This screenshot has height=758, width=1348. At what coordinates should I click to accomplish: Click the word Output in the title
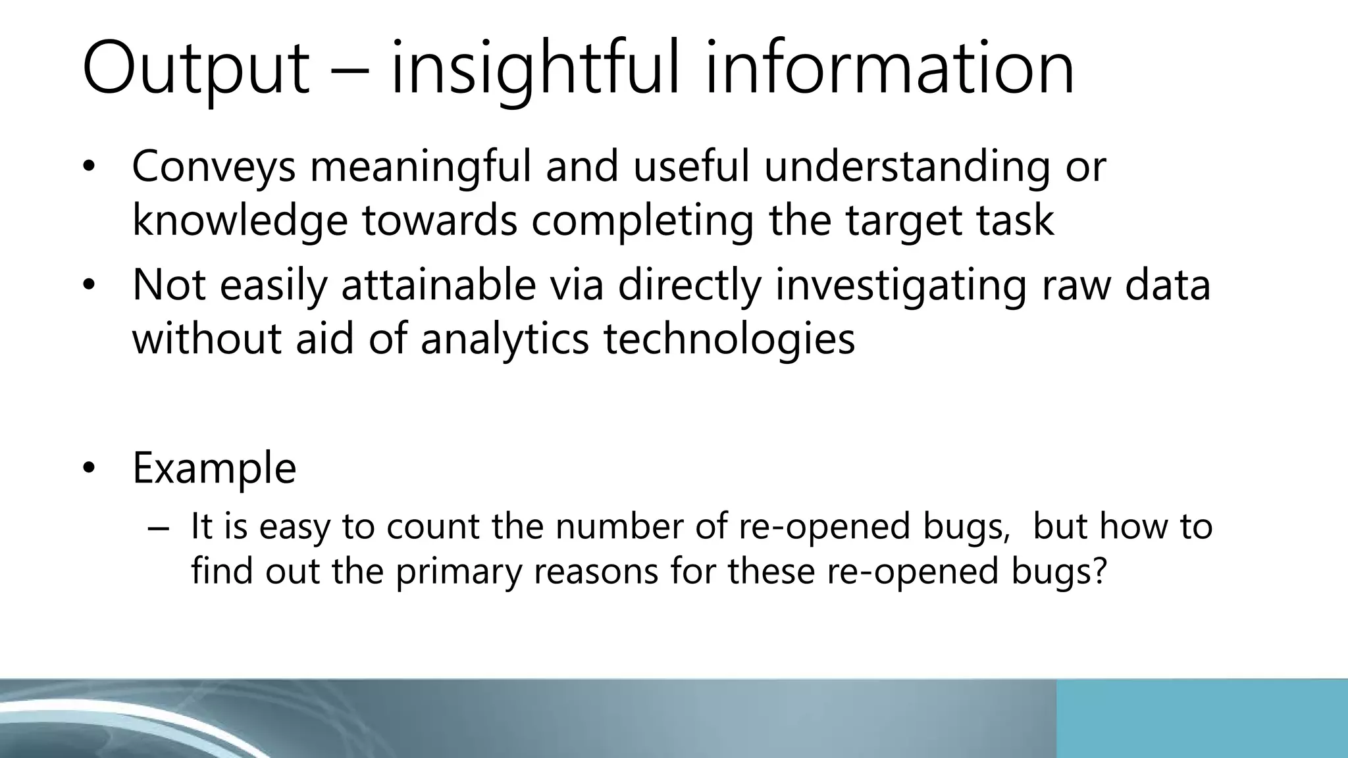[195, 70]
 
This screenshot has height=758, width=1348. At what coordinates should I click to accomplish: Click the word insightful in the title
[534, 70]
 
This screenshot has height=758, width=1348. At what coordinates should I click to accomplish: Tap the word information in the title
[889, 70]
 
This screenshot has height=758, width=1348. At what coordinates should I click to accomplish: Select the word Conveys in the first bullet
[214, 166]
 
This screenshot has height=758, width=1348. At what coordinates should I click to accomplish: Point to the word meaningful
[420, 166]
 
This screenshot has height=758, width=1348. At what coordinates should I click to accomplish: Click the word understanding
[907, 166]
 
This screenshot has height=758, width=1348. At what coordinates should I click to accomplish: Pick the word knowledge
[240, 220]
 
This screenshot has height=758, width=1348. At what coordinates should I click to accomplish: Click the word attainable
[439, 285]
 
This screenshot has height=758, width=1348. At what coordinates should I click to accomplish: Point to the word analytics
[504, 339]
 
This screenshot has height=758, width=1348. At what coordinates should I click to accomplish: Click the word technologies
[729, 339]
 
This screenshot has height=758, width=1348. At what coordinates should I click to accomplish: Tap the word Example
[214, 468]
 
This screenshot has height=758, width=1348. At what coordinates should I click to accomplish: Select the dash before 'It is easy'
[159, 528]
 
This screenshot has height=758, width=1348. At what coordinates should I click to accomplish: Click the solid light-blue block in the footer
[1201, 719]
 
